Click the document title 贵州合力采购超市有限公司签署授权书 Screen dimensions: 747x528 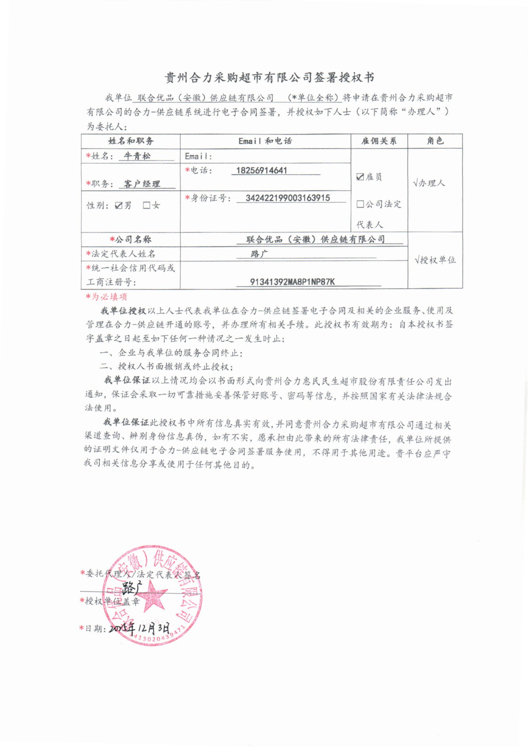coord(269,77)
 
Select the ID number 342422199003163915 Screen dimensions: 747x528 coord(288,198)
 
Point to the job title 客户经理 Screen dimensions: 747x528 coord(142,184)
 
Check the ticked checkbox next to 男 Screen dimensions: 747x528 coord(119,206)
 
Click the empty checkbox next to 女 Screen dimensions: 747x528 coord(147,205)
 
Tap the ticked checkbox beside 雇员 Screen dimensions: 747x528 coord(360,177)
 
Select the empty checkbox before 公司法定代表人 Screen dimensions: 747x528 coord(360,204)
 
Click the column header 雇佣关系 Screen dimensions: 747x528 coord(379,141)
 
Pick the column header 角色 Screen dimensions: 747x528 coord(435,141)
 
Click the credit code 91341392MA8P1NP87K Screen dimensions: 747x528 coord(292,282)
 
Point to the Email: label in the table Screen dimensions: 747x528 coord(198,157)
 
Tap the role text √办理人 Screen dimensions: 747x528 coord(429,183)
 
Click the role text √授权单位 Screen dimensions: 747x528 coord(435,260)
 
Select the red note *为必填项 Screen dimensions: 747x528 coord(106,297)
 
